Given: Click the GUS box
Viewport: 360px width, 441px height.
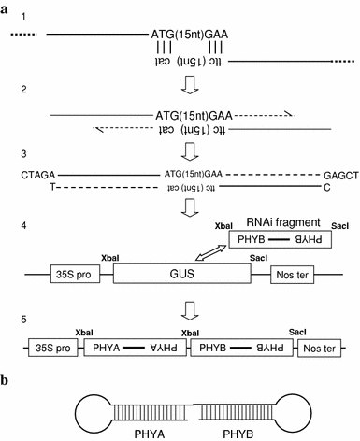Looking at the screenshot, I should tap(181, 274).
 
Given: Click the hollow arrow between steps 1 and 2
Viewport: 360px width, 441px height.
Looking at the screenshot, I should tap(187, 86).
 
